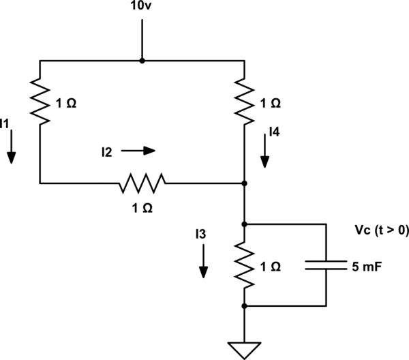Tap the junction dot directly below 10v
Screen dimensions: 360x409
142,61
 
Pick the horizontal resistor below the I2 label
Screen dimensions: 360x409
142,183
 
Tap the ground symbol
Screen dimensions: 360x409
244,348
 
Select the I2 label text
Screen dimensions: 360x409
106,152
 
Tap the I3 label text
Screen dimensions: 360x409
199,236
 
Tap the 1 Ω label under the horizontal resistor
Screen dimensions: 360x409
142,207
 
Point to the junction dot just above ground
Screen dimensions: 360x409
244,306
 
